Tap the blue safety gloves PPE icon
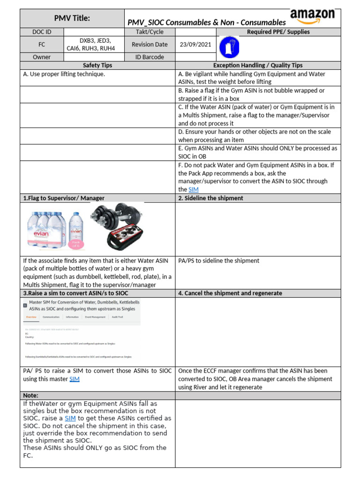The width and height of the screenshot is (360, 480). click(230, 47)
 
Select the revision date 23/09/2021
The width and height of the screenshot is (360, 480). click(195, 45)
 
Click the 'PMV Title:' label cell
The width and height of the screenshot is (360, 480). click(72, 18)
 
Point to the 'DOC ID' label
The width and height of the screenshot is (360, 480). click(42, 32)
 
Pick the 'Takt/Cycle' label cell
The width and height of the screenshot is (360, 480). click(148, 32)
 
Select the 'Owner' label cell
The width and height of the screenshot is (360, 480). click(42, 57)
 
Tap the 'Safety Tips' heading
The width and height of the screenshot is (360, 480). click(97, 66)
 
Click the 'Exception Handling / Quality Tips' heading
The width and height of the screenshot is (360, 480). click(258, 66)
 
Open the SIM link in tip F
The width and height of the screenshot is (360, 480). click(193, 189)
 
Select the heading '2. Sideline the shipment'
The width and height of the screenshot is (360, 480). click(210, 198)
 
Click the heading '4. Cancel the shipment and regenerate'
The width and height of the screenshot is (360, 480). click(230, 293)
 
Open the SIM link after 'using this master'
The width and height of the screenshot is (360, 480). click(75, 379)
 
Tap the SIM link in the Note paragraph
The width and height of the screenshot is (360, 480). click(70, 418)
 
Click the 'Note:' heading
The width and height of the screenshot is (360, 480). click(31, 396)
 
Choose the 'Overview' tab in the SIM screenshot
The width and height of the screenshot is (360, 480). click(31, 317)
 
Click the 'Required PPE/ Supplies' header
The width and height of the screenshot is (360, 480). click(278, 32)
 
